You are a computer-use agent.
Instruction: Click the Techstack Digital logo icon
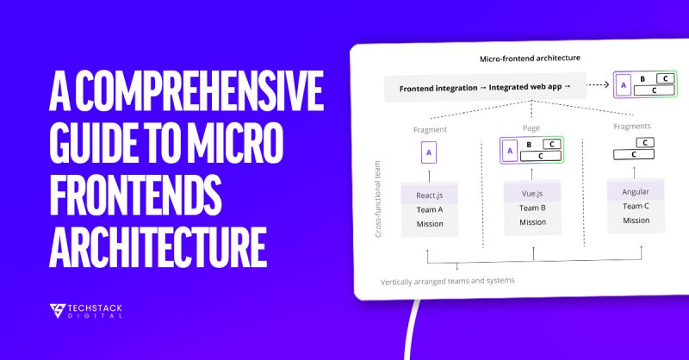[x=59, y=311]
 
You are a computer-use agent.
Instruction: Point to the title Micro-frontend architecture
[x=529, y=59]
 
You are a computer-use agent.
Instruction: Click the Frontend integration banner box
[x=485, y=88]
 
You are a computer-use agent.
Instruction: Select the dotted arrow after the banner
[x=594, y=85]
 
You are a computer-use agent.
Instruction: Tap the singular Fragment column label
[x=430, y=129]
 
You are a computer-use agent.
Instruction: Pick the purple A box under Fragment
[x=430, y=153]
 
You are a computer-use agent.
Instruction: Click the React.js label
[x=429, y=195]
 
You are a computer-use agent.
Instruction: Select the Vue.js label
[x=531, y=194]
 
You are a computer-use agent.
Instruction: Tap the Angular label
[x=635, y=191]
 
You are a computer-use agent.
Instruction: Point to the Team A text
[x=429, y=209]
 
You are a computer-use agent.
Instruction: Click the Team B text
[x=531, y=208]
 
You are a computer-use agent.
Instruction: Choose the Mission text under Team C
[x=636, y=220]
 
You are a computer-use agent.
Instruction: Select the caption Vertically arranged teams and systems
[x=447, y=281]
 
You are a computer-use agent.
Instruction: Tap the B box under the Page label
[x=528, y=144]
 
